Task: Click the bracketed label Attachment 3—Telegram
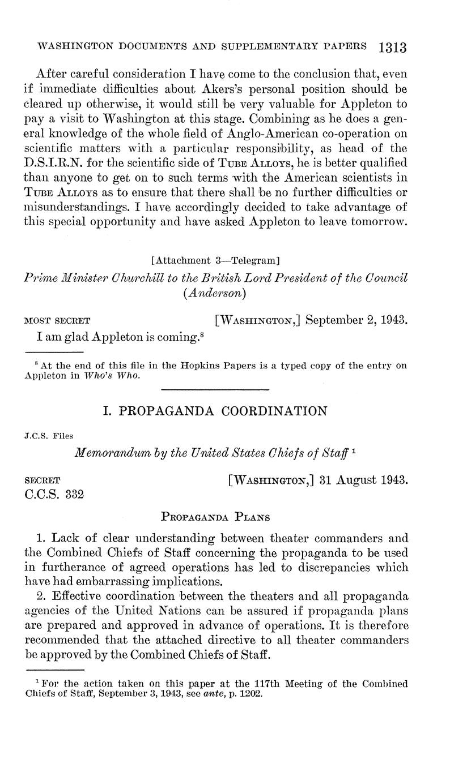216,260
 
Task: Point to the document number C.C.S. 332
55,494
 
